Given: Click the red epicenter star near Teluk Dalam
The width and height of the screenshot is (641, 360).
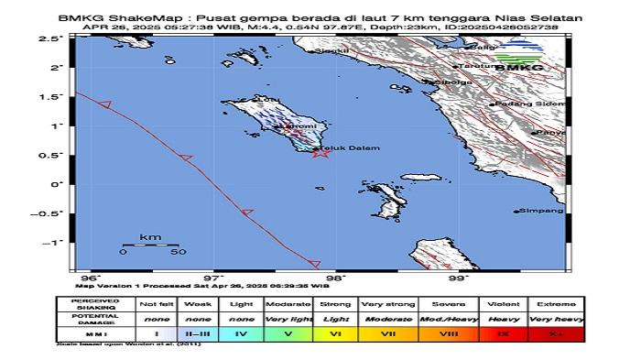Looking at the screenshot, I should pyautogui.click(x=320, y=152).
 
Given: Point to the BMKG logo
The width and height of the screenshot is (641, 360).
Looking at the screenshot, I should pyautogui.click(x=519, y=63).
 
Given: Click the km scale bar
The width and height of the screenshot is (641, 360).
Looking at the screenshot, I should pyautogui.click(x=150, y=245).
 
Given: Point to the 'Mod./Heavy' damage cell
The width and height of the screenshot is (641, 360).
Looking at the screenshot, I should pyautogui.click(x=443, y=318).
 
